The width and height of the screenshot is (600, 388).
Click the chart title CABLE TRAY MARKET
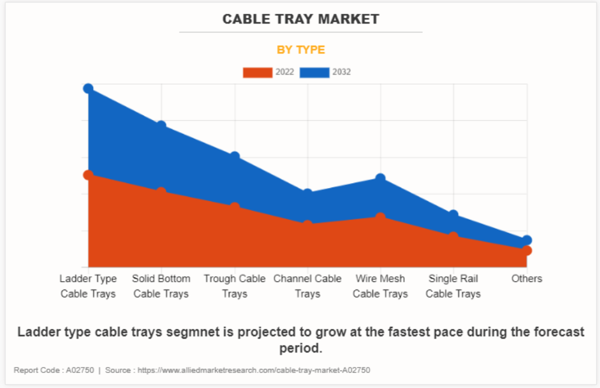[x=300, y=19]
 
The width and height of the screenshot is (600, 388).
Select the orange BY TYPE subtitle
[x=300, y=50]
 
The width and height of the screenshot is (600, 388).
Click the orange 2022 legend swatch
[x=258, y=73]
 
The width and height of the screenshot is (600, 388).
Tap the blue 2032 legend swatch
[x=315, y=73]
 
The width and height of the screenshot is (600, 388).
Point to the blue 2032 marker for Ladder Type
[x=88, y=89]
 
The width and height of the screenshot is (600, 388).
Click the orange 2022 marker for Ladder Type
[x=88, y=175]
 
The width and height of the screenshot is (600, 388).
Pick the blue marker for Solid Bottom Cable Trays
[x=161, y=126]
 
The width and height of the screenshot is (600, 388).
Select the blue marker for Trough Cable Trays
[x=234, y=156]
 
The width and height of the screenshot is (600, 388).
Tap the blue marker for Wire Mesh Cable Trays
[x=380, y=178]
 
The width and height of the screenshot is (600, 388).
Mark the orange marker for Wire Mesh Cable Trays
[x=380, y=217]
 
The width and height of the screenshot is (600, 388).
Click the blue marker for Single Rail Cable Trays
[x=453, y=215]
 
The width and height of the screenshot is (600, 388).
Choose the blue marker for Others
[x=526, y=240]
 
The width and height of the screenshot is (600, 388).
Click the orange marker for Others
[x=526, y=250]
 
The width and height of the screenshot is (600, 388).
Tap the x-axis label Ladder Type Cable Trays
[x=88, y=286]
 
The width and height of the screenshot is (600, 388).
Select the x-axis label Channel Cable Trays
[x=308, y=286]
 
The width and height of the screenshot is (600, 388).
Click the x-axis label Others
[x=527, y=279]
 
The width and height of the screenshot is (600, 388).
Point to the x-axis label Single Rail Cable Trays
[x=453, y=286]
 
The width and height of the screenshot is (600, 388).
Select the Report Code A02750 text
[x=54, y=370]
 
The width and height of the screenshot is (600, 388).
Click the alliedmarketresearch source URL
[x=253, y=370]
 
